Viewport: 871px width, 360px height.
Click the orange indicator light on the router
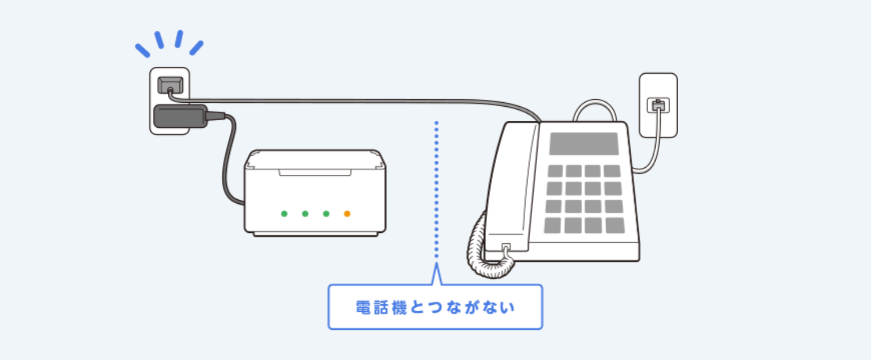pyautogui.click(x=347, y=214)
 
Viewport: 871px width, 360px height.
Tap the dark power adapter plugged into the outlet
pyautogui.click(x=180, y=117)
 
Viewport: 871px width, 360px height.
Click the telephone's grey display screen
pyautogui.click(x=584, y=143)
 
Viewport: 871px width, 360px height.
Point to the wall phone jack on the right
pyautogui.click(x=658, y=106)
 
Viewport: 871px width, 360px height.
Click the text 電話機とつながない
pyautogui.click(x=435, y=307)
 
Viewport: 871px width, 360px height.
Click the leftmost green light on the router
pyautogui.click(x=284, y=214)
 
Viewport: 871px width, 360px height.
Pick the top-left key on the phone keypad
pyautogui.click(x=555, y=171)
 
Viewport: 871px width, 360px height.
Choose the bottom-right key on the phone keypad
pyautogui.click(x=614, y=225)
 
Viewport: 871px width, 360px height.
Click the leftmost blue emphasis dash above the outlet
pyautogui.click(x=142, y=51)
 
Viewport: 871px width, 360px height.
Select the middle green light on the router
pyautogui.click(x=305, y=214)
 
